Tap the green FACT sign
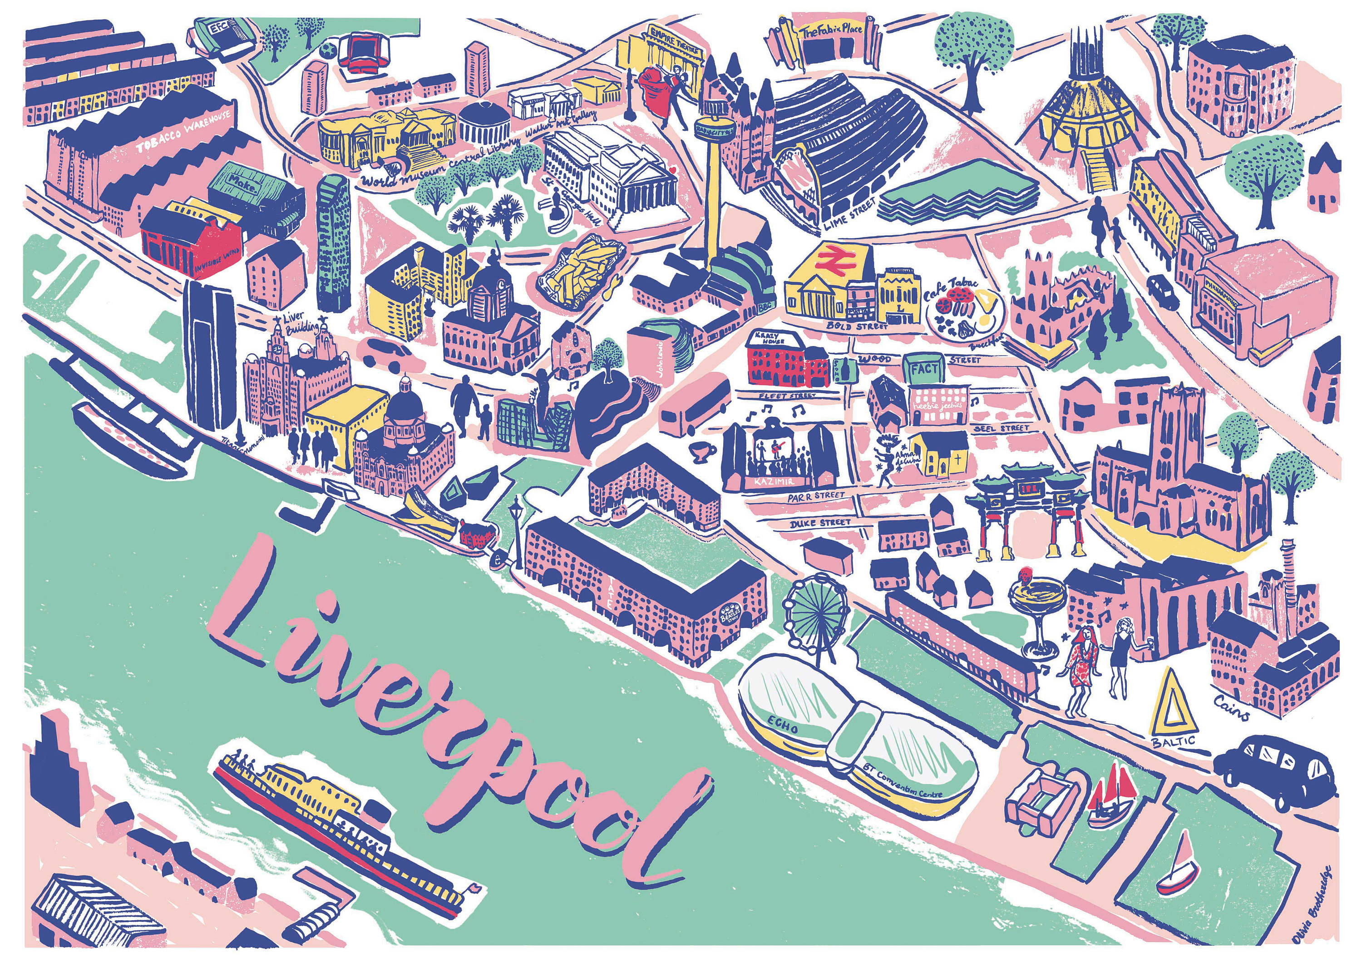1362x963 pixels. pos(925,369)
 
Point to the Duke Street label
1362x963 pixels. pos(821,523)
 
